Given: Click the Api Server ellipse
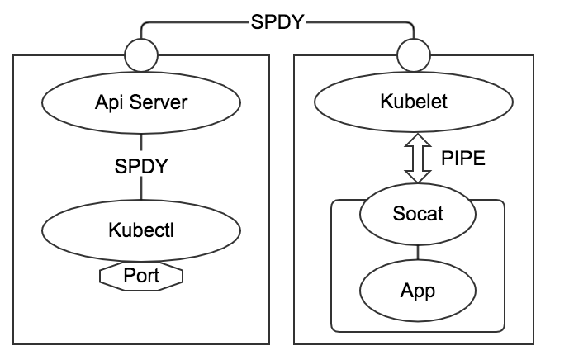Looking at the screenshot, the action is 141,102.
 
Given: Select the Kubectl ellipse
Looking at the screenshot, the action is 141,230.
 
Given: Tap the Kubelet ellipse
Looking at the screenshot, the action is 414,102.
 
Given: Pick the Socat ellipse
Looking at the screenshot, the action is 418,214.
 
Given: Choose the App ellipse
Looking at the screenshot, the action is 418,291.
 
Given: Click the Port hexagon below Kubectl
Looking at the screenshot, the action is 141,276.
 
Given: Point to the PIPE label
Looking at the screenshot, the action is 463,159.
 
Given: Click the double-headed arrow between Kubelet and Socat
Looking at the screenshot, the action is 418,158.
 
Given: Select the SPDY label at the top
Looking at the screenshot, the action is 277,22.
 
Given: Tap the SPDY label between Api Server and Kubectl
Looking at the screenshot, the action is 141,167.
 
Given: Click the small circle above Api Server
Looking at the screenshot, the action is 141,55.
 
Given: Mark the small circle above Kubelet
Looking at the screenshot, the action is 414,55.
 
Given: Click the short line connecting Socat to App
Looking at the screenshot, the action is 418,253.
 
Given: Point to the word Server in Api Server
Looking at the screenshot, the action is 159,102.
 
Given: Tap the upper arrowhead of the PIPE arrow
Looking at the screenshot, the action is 418,140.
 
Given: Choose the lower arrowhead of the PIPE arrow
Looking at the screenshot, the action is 418,176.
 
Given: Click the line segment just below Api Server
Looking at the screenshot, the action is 141,142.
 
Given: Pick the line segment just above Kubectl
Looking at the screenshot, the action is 141,187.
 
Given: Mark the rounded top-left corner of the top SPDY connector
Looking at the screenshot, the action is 144,25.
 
